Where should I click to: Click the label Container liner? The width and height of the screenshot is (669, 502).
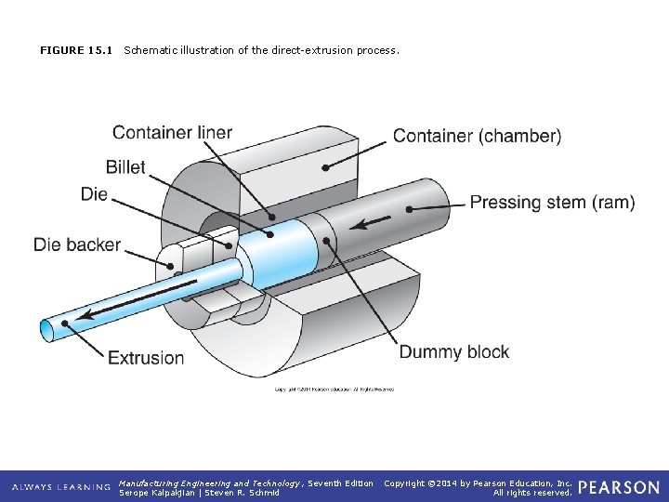pos(172,132)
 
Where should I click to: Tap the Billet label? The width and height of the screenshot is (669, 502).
pos(125,167)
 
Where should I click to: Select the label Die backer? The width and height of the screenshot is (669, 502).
pos(77,244)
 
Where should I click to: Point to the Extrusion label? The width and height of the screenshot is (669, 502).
pos(146,358)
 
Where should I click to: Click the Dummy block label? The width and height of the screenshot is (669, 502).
pos(454,352)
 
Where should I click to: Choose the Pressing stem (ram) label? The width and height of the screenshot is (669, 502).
pos(552,203)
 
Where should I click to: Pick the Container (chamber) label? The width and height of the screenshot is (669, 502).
pos(477,137)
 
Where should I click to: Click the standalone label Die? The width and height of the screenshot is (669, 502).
pos(94,194)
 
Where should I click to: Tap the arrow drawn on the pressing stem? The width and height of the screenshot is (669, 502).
pos(370,223)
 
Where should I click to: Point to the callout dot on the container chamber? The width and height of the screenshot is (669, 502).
pos(324,168)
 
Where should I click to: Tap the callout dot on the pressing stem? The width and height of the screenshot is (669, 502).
pos(410,210)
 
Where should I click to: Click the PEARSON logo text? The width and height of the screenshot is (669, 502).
pos(619,486)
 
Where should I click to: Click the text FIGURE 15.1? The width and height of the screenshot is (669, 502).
pos(76,50)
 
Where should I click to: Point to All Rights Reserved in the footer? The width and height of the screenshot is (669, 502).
pos(532,493)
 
